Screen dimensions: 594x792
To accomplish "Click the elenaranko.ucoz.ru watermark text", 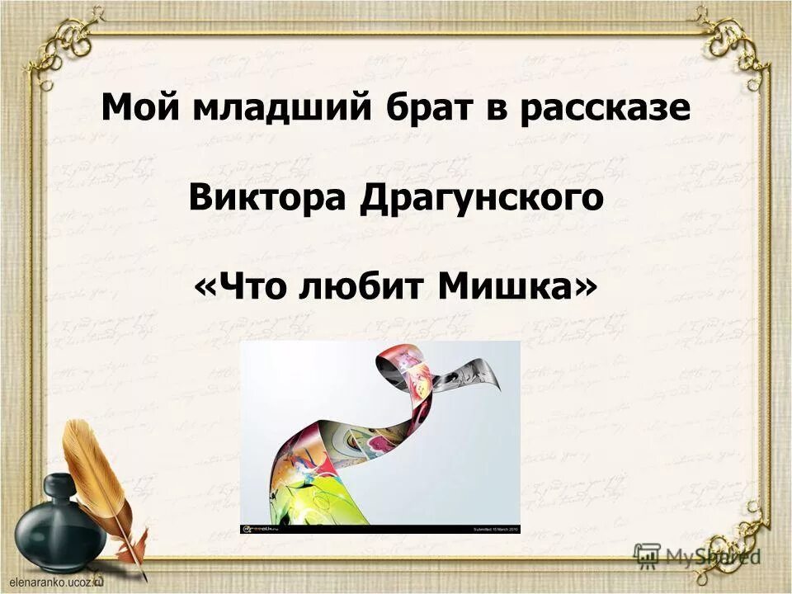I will pyautogui.click(x=54, y=582).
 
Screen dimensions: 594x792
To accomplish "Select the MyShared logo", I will pyautogui.click(x=697, y=555).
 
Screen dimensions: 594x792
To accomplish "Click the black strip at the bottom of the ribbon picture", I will pyautogui.click(x=379, y=528).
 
